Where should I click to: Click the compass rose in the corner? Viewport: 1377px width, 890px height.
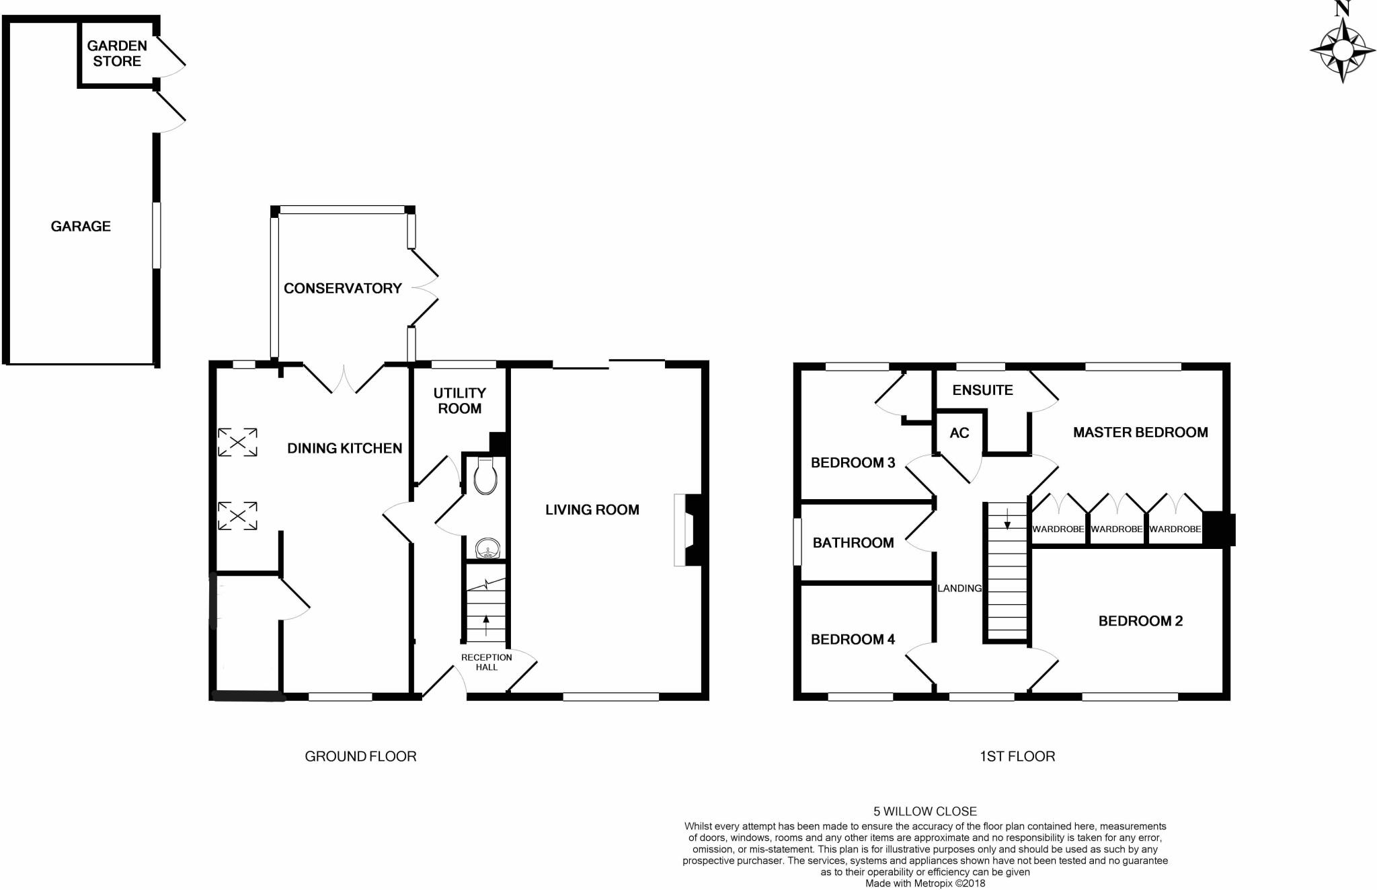click(x=1342, y=50)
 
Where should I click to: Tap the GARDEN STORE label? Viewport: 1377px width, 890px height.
click(x=117, y=53)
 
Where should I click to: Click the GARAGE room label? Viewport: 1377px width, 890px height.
click(x=81, y=226)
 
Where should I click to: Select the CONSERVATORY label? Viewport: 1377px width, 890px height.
click(x=342, y=288)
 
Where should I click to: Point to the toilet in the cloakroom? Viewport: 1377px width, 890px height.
click(x=485, y=475)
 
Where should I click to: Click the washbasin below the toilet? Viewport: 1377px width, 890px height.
click(x=485, y=549)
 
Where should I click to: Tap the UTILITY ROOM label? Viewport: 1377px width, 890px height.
click(x=459, y=400)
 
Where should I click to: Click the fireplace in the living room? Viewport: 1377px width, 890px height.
click(x=687, y=530)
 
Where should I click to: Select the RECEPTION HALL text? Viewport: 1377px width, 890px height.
click(x=486, y=662)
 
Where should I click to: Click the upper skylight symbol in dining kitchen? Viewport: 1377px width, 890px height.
click(x=237, y=442)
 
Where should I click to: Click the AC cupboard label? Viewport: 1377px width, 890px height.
click(x=959, y=433)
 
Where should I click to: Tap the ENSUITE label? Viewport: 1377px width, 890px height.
click(x=982, y=390)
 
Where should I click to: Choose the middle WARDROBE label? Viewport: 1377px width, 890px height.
click(x=1116, y=529)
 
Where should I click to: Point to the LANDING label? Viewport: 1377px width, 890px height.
click(x=959, y=588)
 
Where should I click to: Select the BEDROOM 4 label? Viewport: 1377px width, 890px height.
click(x=853, y=639)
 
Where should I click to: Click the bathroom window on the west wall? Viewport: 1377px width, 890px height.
click(x=797, y=542)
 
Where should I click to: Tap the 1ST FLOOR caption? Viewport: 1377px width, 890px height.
click(x=1017, y=756)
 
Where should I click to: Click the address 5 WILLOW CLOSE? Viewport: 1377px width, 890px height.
click(x=924, y=811)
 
